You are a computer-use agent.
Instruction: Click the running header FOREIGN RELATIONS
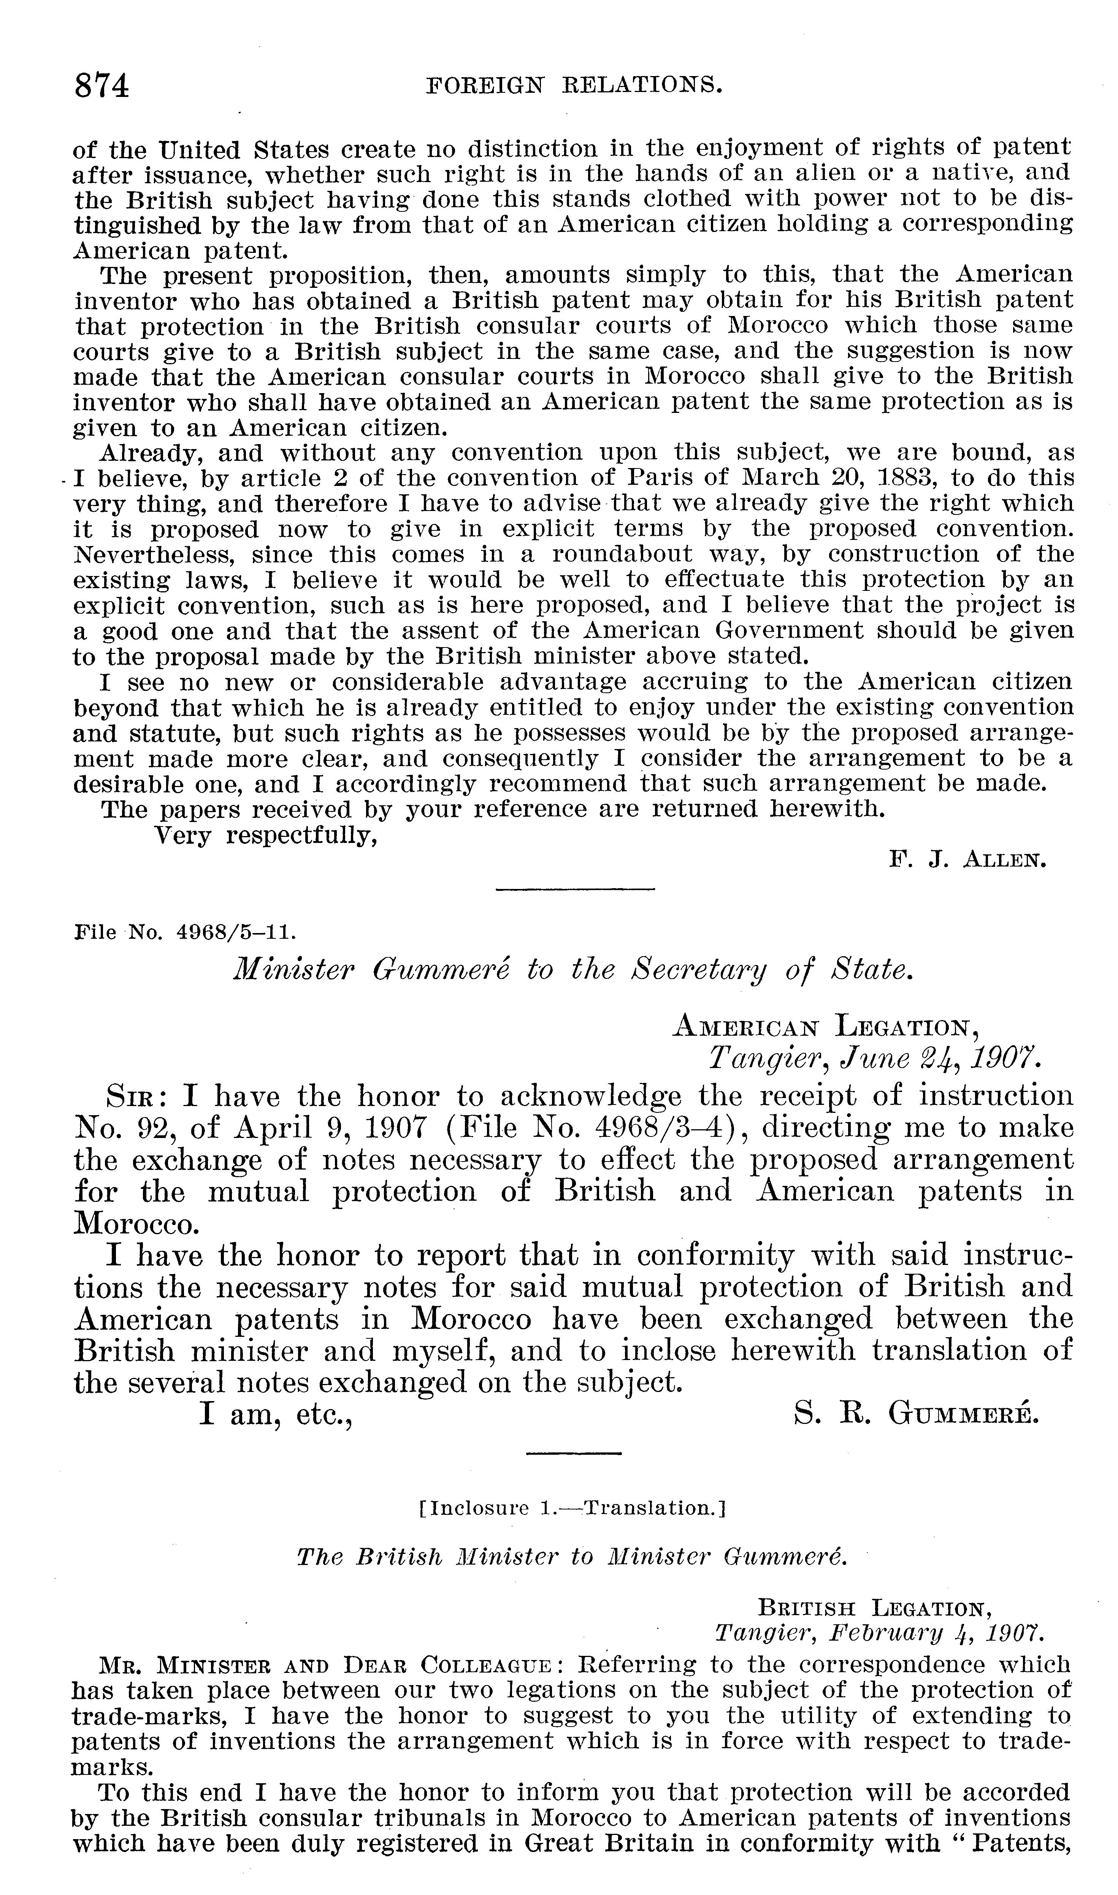tap(574, 86)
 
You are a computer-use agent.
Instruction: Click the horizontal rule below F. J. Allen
tap(575, 890)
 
